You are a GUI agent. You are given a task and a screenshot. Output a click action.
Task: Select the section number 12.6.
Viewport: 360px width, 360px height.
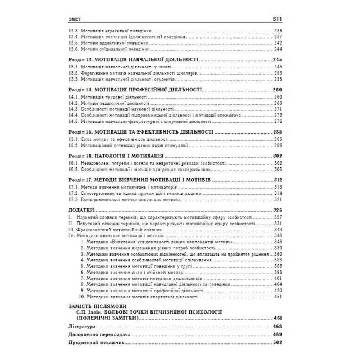(73, 49)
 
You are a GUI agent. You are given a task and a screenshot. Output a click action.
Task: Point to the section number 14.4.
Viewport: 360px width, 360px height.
(73, 115)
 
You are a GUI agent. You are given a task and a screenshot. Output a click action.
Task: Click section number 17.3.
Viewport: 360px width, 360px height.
(73, 199)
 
